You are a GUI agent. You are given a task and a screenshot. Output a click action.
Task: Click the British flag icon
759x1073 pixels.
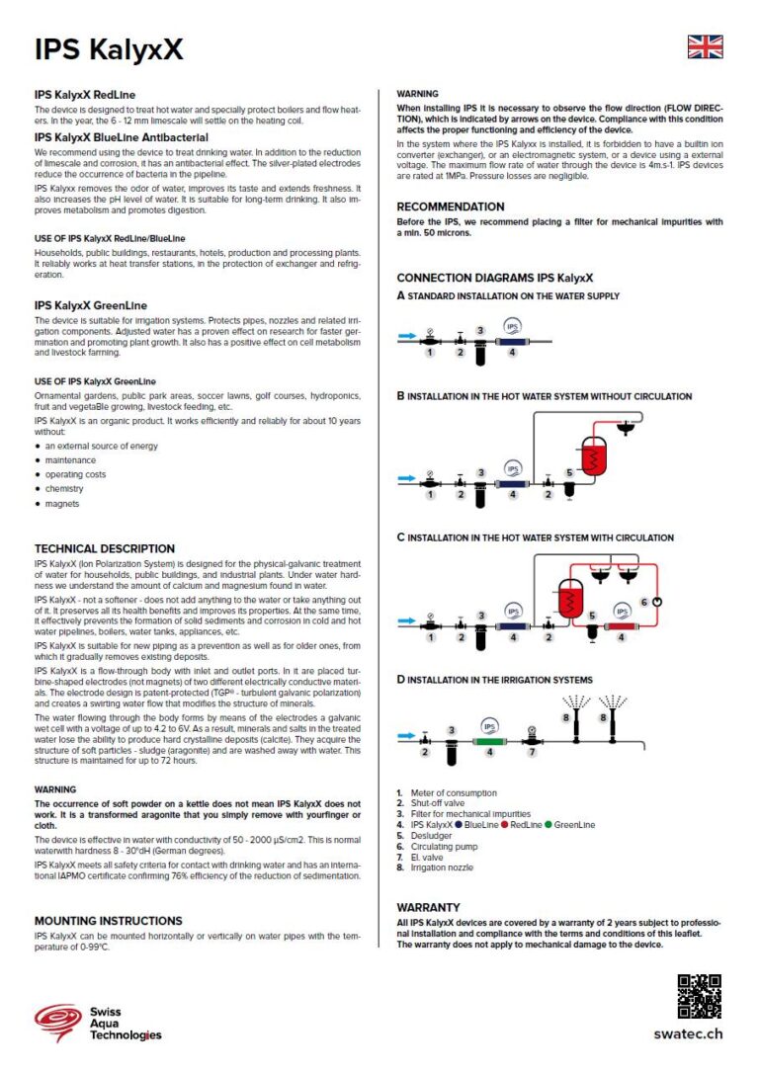pos(705,47)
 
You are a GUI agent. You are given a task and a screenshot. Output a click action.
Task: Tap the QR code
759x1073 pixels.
pos(699,996)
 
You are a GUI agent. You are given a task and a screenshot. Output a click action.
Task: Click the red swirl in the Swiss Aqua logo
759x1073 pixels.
pos(56,1021)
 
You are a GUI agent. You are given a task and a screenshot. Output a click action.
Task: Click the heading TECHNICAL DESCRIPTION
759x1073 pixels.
pos(105,548)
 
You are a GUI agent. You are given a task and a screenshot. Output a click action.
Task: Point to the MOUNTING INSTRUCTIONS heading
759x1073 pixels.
pos(109,920)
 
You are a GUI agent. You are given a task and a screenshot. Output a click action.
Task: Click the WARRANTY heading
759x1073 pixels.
pos(429,906)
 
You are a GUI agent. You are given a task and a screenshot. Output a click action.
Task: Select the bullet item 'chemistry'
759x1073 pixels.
pos(64,488)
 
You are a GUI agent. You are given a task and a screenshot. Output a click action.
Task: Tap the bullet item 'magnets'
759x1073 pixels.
pos(62,503)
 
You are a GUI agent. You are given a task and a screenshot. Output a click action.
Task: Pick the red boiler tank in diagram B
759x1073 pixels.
pos(594,456)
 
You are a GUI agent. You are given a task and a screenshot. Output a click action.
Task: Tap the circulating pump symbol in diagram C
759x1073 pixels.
pos(656,602)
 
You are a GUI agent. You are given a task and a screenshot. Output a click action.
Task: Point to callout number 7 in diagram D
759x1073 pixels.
pos(531,752)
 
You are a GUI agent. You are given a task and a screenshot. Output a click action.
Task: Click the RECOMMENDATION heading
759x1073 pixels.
pos(451,206)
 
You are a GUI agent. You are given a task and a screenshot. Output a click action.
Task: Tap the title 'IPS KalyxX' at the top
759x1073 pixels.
pos(109,50)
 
